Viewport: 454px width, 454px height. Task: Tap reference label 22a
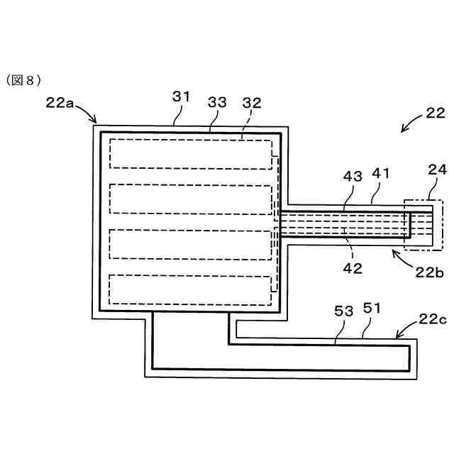point(60,102)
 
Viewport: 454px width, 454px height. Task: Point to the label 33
point(216,102)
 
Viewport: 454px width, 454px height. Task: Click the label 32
point(251,102)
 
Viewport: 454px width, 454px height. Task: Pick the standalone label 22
point(435,113)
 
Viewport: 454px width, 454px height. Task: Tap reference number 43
point(351,175)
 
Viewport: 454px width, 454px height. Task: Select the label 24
point(437,170)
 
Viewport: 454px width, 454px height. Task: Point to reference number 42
point(353,267)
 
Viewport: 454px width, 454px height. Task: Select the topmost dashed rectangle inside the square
point(190,153)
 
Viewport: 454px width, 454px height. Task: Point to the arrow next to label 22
point(410,126)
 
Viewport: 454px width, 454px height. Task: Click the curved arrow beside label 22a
point(87,113)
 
